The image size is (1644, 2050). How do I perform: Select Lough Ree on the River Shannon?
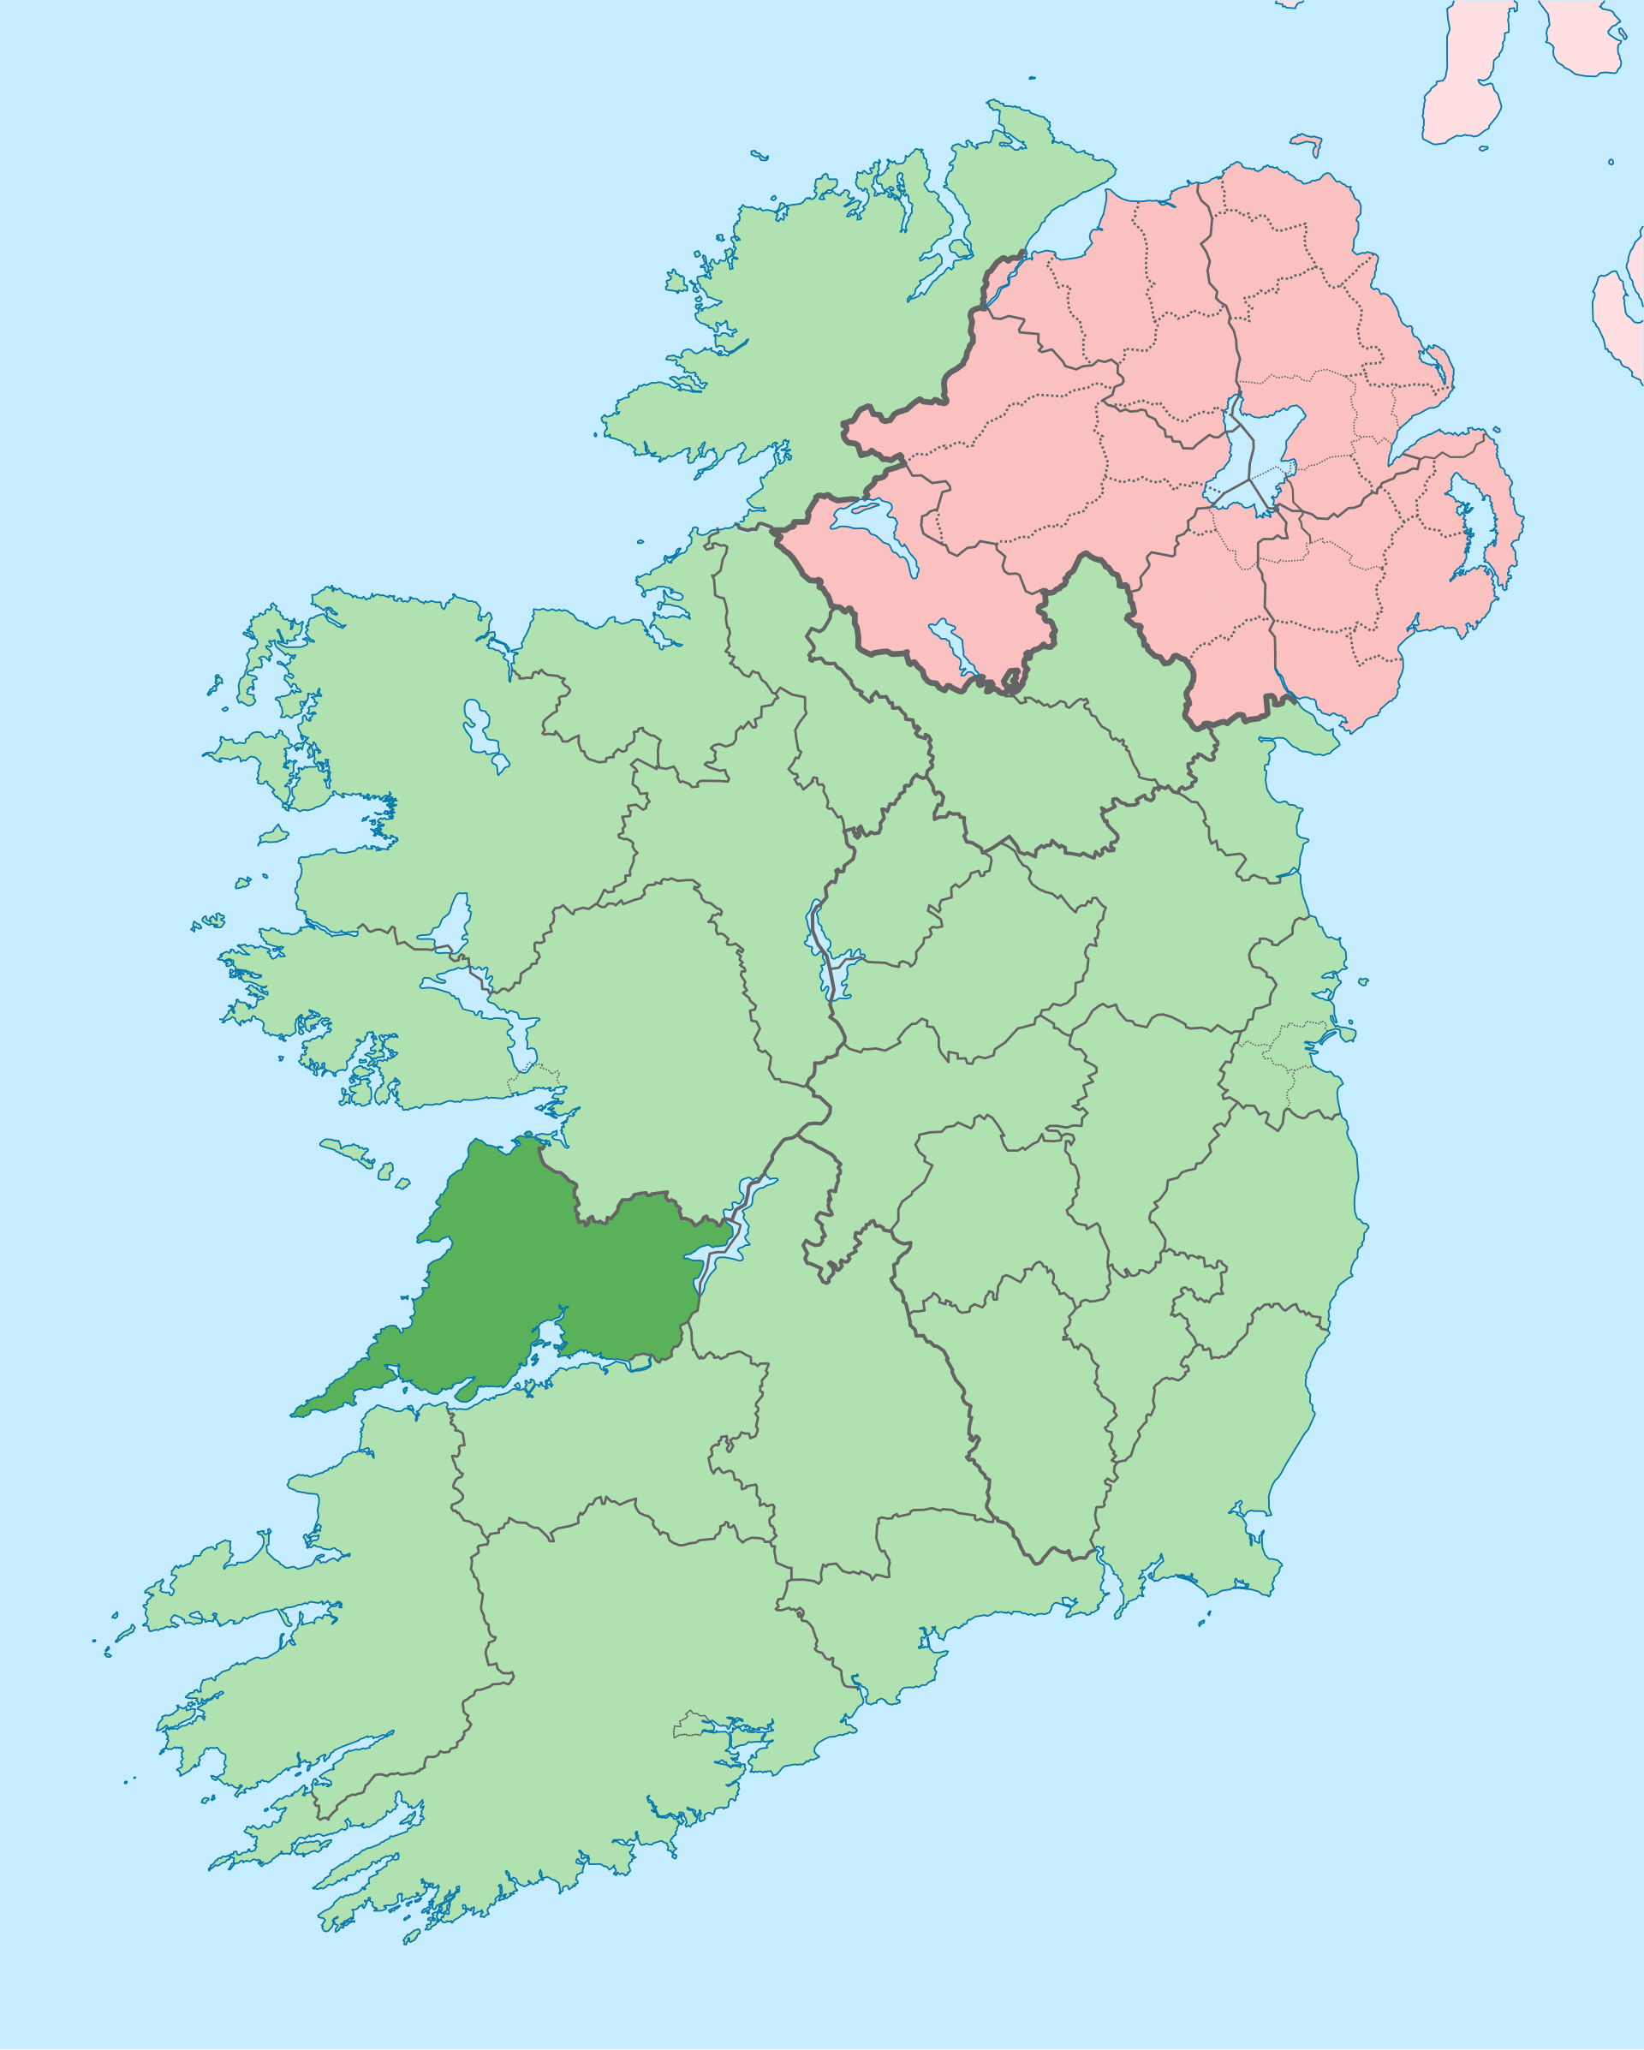824,951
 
